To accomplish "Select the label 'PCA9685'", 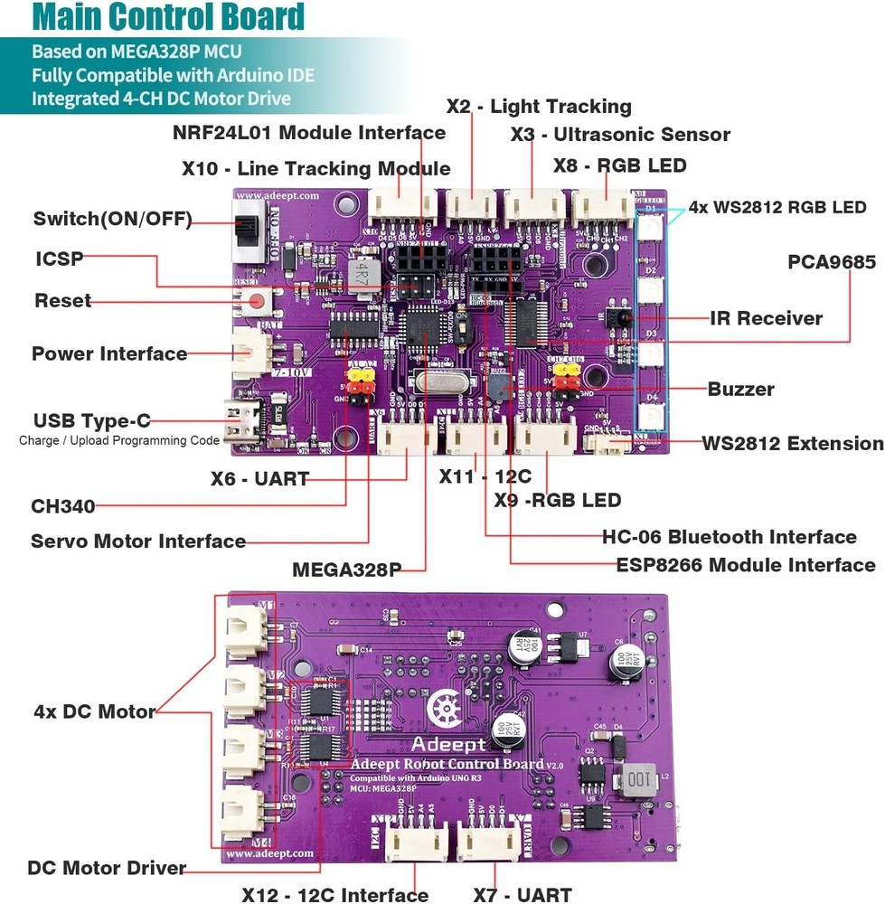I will click(832, 263).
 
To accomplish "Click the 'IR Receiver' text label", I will click(767, 318).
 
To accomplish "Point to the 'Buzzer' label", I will click(741, 390).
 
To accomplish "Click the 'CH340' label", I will click(63, 506).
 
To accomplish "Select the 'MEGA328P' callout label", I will click(346, 570).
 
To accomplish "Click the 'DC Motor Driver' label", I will click(107, 868).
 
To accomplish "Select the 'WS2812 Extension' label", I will click(793, 443).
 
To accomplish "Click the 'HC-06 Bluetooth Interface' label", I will click(730, 537).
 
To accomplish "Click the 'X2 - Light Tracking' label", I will click(539, 106).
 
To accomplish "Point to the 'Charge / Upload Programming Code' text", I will click(119, 440).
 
